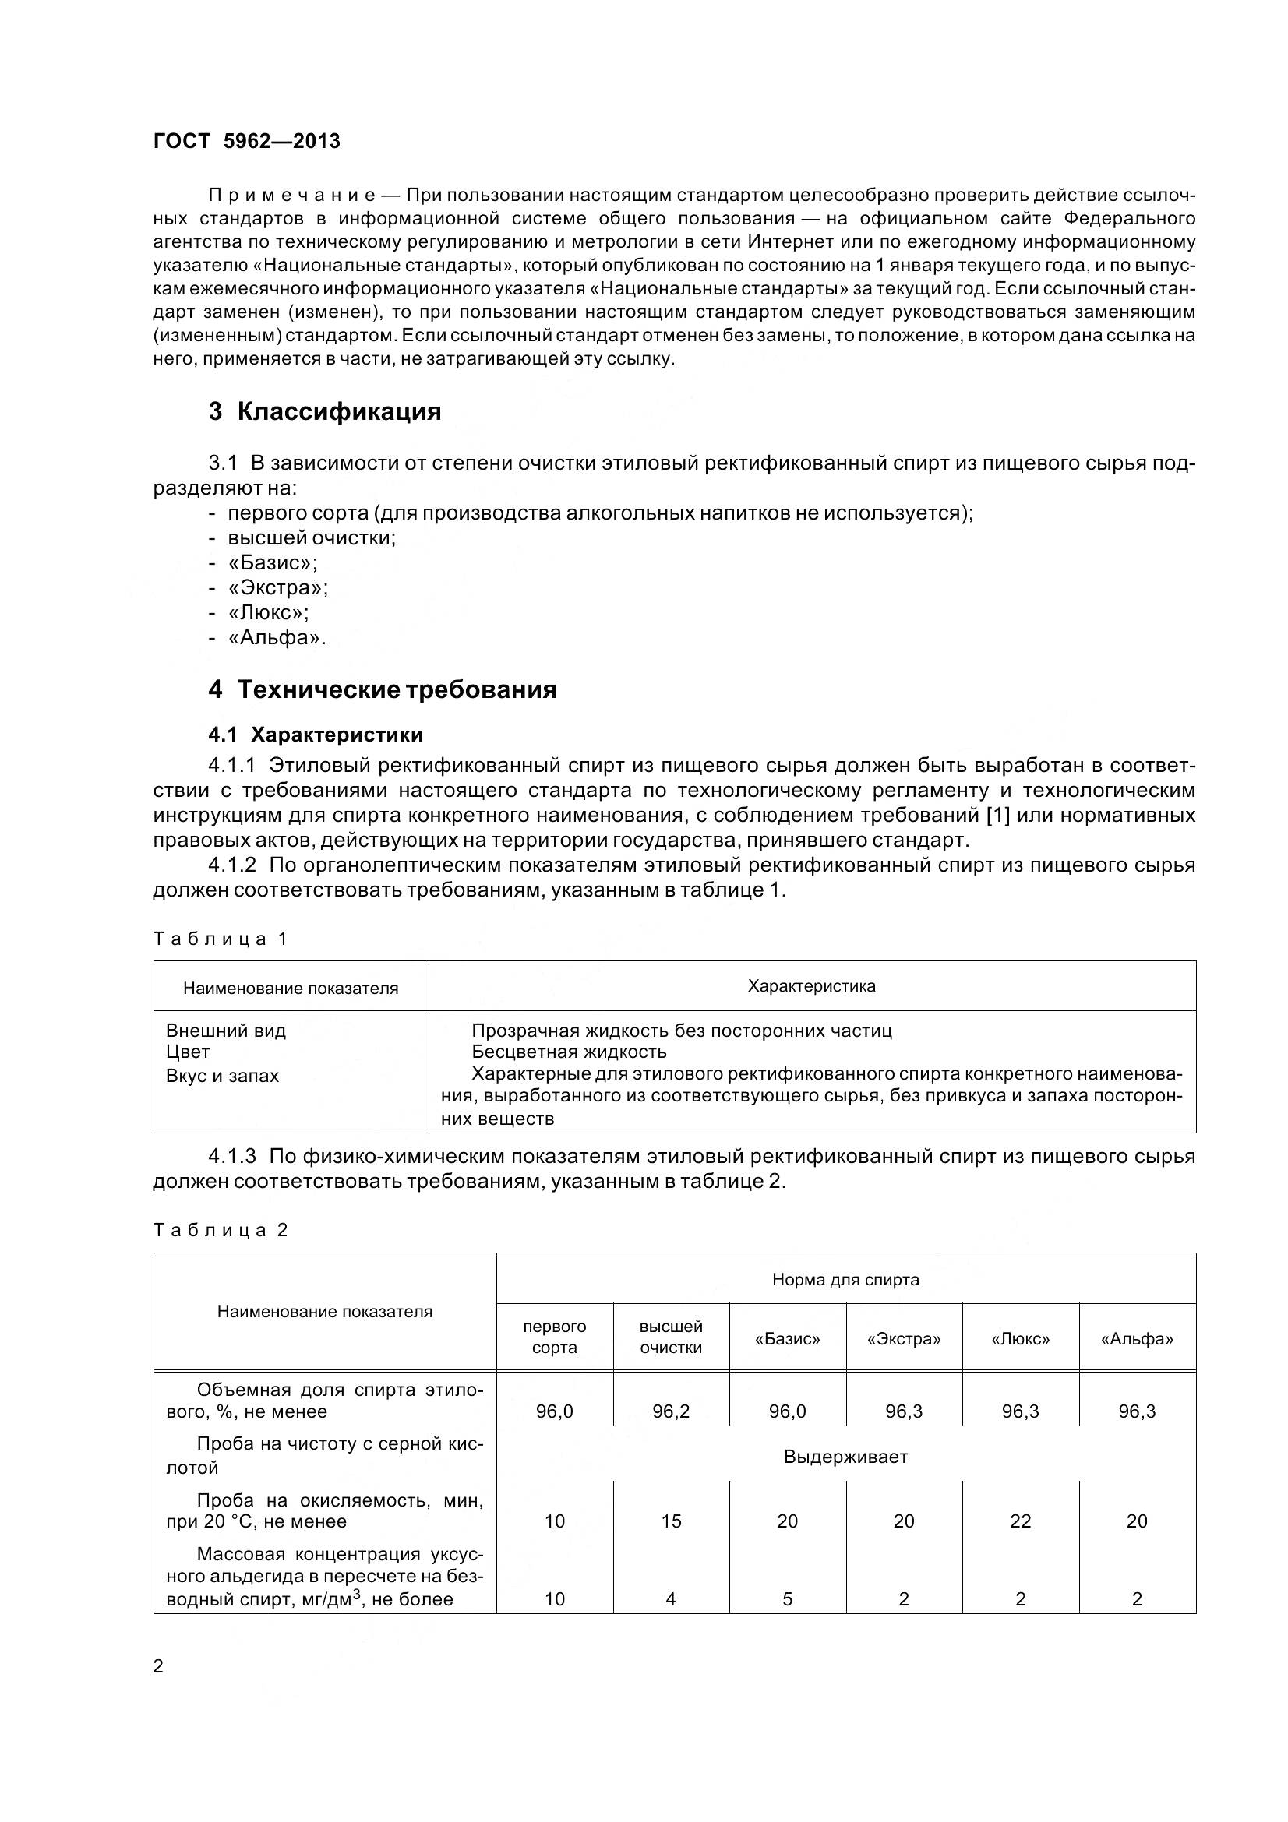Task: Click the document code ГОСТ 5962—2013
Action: [246, 141]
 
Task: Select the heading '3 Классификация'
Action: [325, 411]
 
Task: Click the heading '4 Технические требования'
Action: [383, 689]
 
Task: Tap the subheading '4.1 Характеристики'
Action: [315, 734]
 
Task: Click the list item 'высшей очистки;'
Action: [311, 538]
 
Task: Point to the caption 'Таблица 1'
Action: [219, 939]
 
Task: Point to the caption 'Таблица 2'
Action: [219, 1230]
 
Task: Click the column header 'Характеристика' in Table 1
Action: [811, 986]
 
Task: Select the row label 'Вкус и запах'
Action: [222, 1076]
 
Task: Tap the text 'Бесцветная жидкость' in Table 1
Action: [569, 1052]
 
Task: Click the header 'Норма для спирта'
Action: [845, 1279]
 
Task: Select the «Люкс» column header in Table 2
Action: [1020, 1339]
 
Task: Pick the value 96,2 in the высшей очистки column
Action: [671, 1411]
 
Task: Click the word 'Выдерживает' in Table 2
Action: [845, 1457]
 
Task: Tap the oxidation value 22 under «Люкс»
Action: [1020, 1521]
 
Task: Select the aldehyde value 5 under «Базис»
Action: [787, 1599]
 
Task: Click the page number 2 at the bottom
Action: [158, 1666]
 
